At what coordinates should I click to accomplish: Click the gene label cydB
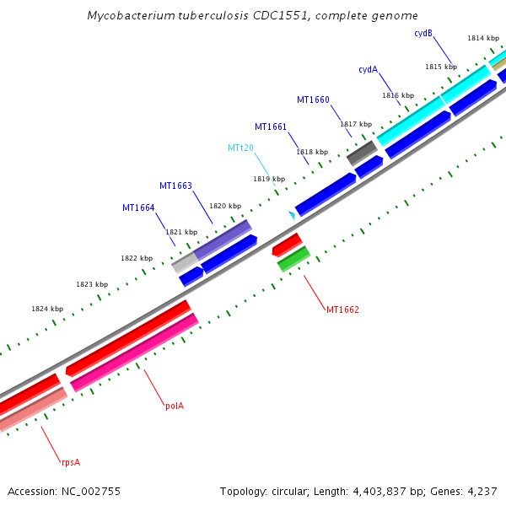[x=423, y=34]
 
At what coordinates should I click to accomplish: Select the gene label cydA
[x=368, y=70]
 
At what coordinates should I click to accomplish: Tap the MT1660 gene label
[x=313, y=100]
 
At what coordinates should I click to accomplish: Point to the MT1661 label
[x=271, y=127]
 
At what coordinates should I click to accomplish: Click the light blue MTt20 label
[x=240, y=148]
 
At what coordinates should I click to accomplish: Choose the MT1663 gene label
[x=175, y=186]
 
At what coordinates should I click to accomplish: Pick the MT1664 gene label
[x=138, y=207]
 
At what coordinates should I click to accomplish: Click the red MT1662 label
[x=342, y=310]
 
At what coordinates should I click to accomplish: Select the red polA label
[x=175, y=406]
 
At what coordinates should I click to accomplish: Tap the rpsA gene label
[x=70, y=462]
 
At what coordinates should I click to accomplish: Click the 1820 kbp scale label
[x=225, y=206]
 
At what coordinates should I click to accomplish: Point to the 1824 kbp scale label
[x=47, y=309]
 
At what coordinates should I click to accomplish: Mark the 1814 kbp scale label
[x=483, y=38]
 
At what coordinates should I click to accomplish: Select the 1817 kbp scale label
[x=356, y=124]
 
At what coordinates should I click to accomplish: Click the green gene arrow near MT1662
[x=294, y=259]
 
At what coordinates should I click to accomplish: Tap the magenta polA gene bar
[x=135, y=353]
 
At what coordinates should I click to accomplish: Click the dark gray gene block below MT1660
[x=362, y=153]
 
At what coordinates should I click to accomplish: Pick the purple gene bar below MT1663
[x=223, y=240]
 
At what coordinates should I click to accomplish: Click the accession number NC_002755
[x=64, y=491]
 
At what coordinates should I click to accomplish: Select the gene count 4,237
[x=482, y=491]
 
